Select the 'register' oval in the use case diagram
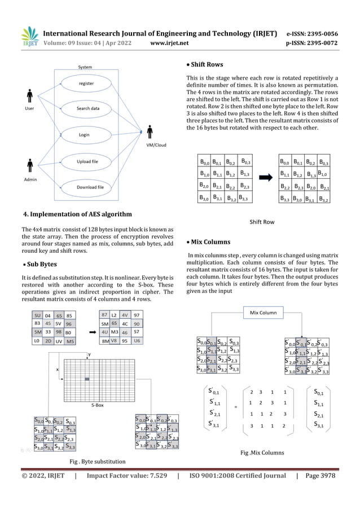coord(86,84)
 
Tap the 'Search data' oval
coord(88,108)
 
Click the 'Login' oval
coord(84,135)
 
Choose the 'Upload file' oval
coord(87,162)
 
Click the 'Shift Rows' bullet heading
coord(207,64)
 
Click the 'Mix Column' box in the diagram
coord(264,312)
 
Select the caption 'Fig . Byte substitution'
coord(97,461)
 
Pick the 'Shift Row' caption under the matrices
coord(262,222)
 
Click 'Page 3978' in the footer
coord(319,476)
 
